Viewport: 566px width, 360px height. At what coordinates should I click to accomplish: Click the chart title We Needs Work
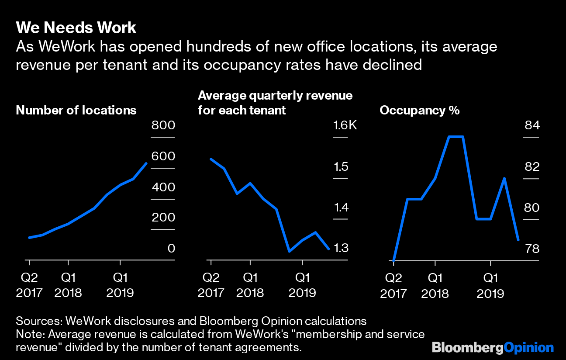click(x=76, y=28)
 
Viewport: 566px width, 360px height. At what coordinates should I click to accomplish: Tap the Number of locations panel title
click(x=76, y=110)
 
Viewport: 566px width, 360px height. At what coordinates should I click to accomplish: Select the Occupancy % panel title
click(x=419, y=110)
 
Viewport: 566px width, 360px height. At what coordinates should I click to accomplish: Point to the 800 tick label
click(x=163, y=126)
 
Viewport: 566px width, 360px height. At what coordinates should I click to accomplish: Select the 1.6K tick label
click(x=345, y=126)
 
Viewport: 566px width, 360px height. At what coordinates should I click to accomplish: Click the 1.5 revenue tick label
click(x=341, y=167)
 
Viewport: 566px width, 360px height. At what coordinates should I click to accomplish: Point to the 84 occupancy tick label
click(x=532, y=126)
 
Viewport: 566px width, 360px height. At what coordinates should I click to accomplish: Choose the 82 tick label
click(x=532, y=167)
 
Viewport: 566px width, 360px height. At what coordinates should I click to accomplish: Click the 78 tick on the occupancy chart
click(x=532, y=249)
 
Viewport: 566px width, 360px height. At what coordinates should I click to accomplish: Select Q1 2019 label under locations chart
click(x=120, y=285)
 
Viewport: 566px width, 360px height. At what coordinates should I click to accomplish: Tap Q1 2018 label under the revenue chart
click(x=250, y=285)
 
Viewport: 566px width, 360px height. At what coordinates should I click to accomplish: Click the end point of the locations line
click(x=146, y=163)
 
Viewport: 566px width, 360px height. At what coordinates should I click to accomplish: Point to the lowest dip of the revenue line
click(x=289, y=251)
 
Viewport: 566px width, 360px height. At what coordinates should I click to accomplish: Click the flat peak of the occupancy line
click(x=456, y=137)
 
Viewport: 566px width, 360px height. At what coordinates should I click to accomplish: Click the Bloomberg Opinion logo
click(x=493, y=348)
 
